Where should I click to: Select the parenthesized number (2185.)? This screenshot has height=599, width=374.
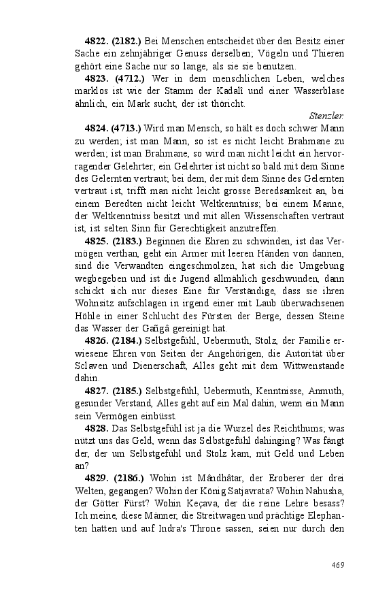click(x=126, y=391)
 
